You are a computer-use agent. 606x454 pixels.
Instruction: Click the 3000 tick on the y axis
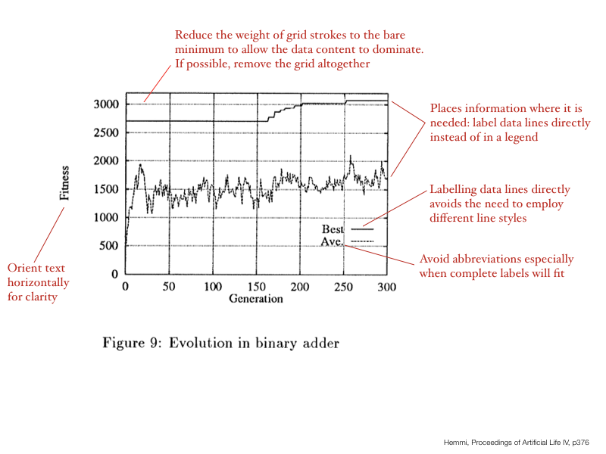click(106, 104)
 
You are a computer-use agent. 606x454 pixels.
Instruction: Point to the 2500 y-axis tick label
click(106, 132)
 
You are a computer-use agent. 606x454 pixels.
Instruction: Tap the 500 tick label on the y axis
click(110, 245)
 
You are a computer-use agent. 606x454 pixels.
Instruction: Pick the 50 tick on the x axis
click(170, 287)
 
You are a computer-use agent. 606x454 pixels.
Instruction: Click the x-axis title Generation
click(256, 298)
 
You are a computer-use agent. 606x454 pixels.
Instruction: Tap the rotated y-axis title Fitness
click(65, 183)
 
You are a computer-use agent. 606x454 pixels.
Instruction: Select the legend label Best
click(333, 229)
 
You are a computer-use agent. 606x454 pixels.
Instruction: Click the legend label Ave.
click(332, 241)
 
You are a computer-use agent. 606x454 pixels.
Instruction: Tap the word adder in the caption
click(320, 343)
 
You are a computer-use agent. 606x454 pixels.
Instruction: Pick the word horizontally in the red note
click(38, 282)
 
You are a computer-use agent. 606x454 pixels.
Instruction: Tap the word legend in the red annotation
click(513, 137)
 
